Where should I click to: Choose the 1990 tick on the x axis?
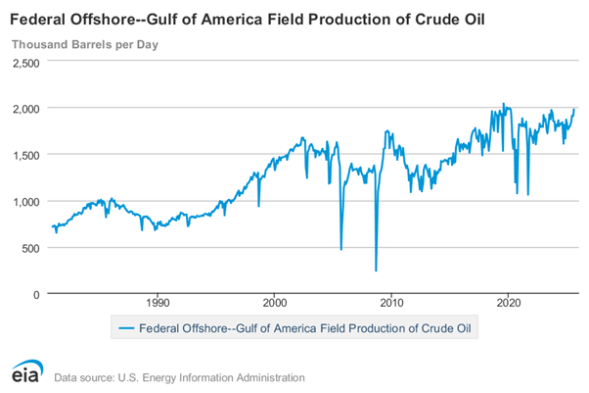click(159, 303)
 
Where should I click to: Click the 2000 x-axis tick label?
click(275, 303)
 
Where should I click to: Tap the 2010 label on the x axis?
click(391, 303)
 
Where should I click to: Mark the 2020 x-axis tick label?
click(508, 303)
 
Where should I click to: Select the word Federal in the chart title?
click(37, 19)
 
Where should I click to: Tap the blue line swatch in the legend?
click(126, 328)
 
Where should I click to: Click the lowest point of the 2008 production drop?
click(376, 270)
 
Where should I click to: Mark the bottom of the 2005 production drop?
click(341, 250)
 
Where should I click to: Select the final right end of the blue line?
click(574, 108)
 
